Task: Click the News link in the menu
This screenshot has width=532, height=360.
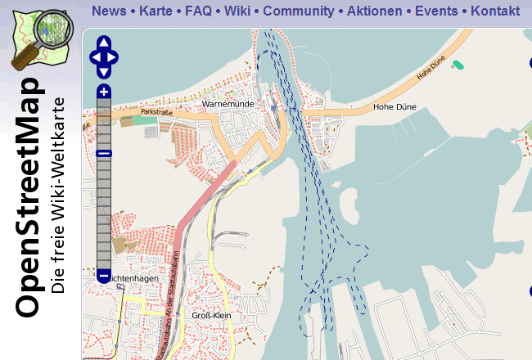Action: (109, 11)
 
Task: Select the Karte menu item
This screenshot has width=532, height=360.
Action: (156, 11)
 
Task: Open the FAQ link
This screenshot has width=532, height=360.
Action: (198, 11)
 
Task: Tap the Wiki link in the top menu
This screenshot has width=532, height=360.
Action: (237, 11)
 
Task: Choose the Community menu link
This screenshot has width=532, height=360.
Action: (299, 11)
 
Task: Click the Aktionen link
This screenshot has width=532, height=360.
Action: (375, 11)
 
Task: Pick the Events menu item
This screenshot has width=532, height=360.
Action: (436, 11)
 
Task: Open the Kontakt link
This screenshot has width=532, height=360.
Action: (495, 11)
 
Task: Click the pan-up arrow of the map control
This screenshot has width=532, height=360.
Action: (104, 43)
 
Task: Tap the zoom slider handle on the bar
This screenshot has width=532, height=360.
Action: (104, 153)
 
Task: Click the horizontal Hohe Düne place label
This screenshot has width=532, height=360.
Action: (390, 106)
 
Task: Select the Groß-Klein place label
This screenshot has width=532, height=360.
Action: (209, 315)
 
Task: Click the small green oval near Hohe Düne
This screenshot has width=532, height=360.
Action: (458, 63)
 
